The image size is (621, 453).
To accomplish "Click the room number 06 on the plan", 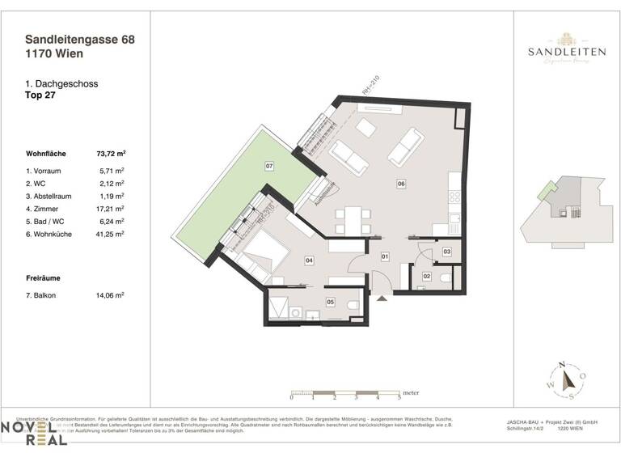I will [401, 184].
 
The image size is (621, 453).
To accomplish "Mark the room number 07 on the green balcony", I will [268, 167].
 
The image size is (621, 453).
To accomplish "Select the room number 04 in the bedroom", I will [309, 260].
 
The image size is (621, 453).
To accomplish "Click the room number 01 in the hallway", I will [385, 257].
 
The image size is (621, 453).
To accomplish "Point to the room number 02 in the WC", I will [427, 276].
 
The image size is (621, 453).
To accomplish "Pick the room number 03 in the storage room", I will [446, 252].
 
